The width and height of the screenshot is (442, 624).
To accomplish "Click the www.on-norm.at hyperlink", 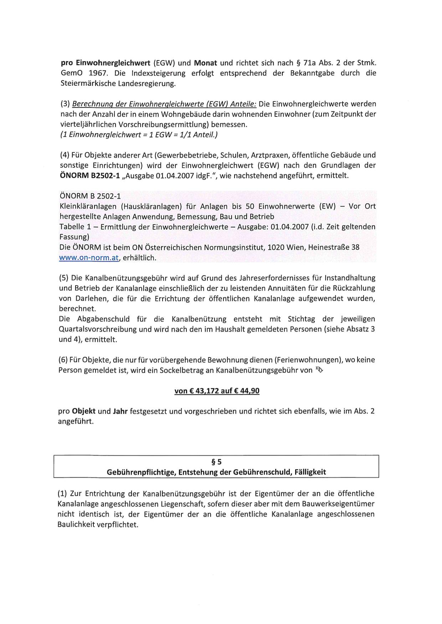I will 88,258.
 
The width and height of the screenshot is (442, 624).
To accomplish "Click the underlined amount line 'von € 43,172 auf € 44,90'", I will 217,391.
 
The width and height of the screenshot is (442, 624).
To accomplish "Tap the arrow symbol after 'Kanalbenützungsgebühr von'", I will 319,370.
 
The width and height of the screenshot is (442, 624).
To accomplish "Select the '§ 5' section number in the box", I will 216,462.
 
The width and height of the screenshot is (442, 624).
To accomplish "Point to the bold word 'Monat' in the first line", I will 205,63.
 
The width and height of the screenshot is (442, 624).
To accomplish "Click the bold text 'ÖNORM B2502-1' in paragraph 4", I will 89,175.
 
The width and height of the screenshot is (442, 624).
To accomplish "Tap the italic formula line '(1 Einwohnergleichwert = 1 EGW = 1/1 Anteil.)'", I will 139,135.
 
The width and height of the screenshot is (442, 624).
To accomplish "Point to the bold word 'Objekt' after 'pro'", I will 83,411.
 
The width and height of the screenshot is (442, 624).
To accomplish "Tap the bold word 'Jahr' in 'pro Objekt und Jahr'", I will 120,411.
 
